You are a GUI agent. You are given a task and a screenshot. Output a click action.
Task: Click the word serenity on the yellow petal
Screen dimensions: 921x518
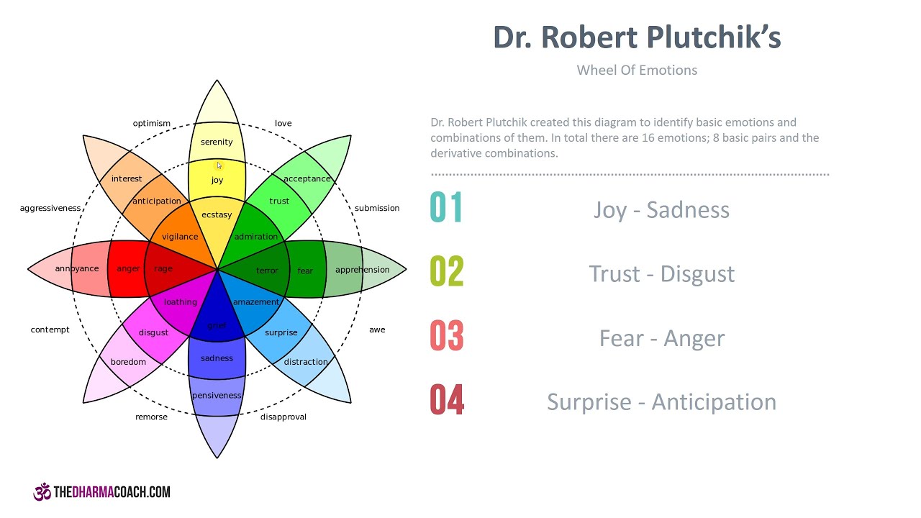tap(217, 142)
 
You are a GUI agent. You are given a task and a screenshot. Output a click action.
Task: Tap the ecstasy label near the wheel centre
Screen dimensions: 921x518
tap(217, 215)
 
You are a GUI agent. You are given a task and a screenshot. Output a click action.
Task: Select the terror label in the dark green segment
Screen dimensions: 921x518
tap(267, 271)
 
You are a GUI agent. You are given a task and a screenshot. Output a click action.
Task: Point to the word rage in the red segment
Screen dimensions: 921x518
tap(163, 269)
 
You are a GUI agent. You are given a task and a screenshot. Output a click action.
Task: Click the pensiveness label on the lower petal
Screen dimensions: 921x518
tap(217, 396)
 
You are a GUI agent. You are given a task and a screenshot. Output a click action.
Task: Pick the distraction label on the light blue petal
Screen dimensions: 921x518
tap(306, 362)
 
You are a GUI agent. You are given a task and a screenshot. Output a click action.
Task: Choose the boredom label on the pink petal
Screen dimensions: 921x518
tap(128, 362)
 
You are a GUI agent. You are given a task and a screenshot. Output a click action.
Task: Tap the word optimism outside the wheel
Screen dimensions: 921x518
tap(152, 124)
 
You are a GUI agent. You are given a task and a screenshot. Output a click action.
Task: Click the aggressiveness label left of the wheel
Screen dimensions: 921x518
tap(50, 209)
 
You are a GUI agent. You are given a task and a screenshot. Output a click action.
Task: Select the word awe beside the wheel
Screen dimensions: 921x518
tap(377, 330)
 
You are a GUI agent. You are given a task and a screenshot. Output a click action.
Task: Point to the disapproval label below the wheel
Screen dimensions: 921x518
tap(283, 417)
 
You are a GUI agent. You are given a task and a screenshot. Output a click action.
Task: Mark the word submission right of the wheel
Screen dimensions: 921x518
tap(377, 209)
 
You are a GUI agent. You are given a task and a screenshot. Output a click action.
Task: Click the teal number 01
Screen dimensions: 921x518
tap(447, 207)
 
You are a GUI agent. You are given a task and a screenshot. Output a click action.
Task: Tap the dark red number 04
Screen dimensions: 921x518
tap(447, 400)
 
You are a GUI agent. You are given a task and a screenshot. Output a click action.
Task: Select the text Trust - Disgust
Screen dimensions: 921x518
tap(662, 274)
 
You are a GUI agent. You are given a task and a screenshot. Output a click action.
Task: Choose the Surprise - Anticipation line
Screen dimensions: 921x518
tap(662, 402)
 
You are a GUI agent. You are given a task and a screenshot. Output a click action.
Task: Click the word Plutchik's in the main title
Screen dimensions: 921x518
tap(712, 38)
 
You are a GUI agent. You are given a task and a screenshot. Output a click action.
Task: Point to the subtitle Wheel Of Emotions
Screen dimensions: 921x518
tap(637, 71)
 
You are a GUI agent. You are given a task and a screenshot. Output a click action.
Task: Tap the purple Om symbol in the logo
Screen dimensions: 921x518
tap(42, 492)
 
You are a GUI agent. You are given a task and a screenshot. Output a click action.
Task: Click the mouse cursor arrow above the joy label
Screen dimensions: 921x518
tap(219, 165)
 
